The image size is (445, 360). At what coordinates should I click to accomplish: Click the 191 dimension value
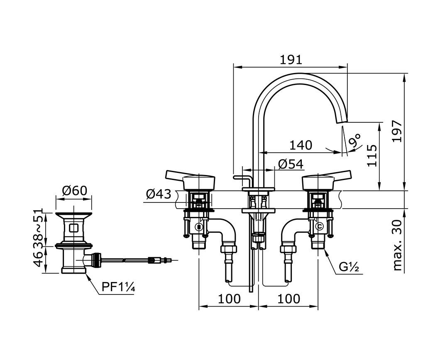pyautogui.click(x=291, y=60)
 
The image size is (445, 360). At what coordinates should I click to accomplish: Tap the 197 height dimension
pyautogui.click(x=397, y=131)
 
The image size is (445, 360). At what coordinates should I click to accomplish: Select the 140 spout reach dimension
pyautogui.click(x=301, y=146)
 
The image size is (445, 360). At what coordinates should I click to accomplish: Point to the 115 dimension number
pyautogui.click(x=372, y=156)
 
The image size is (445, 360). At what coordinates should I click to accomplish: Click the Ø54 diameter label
pyautogui.click(x=291, y=164)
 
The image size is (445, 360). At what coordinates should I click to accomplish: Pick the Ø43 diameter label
pyautogui.click(x=159, y=195)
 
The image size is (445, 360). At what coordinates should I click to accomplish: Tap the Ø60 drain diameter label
pyautogui.click(x=75, y=191)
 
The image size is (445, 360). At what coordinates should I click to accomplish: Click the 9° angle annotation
pyautogui.click(x=355, y=140)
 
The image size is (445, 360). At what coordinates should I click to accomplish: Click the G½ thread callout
pyautogui.click(x=349, y=267)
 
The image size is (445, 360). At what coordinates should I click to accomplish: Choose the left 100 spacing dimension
pyautogui.click(x=229, y=299)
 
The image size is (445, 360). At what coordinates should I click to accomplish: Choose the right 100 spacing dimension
pyautogui.click(x=289, y=299)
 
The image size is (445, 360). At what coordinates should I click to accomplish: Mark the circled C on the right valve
pyautogui.click(x=320, y=226)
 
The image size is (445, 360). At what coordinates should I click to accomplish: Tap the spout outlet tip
pyautogui.click(x=341, y=122)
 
